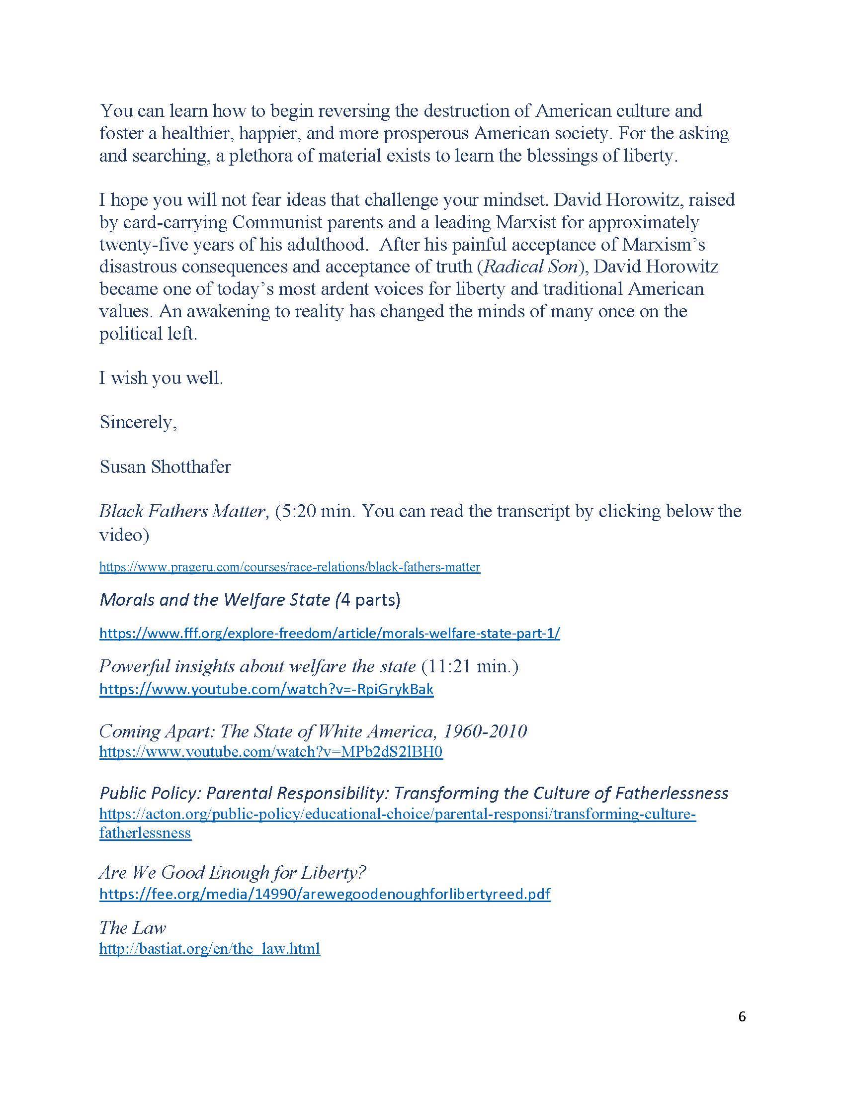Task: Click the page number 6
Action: coord(742,1016)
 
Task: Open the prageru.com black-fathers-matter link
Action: coord(289,567)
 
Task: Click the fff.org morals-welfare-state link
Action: coord(330,633)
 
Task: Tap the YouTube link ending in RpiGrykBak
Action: coord(266,689)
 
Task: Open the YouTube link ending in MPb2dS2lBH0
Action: coord(271,752)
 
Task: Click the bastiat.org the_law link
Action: coord(209,949)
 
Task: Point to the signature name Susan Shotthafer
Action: coord(165,467)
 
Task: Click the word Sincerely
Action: coord(138,422)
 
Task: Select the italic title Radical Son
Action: coord(531,267)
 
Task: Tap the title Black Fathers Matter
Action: coord(182,511)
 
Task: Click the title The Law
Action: coord(132,928)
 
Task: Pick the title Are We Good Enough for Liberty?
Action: coord(233,873)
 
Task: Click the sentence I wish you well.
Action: coord(161,378)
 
